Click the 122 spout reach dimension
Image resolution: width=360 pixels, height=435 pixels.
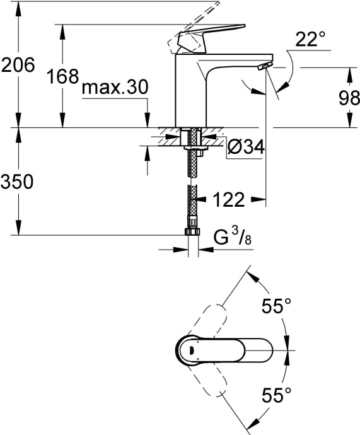click(x=225, y=200)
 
